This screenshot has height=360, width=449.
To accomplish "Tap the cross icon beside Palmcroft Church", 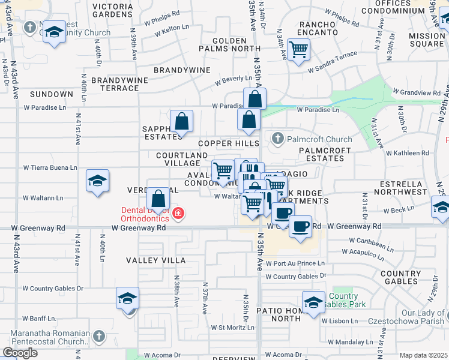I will [x=277, y=139].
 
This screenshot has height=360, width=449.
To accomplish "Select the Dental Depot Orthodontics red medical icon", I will [x=178, y=213].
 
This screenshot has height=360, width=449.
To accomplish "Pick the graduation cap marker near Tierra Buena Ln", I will [x=97, y=181].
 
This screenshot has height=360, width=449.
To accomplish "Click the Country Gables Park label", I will [x=343, y=300].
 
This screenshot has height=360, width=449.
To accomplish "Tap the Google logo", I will [x=20, y=353].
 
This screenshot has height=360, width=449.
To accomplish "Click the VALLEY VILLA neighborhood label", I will [x=155, y=260].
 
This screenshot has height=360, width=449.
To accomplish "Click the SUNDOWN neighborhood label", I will [x=51, y=94].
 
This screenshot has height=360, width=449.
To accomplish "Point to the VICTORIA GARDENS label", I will [x=121, y=10].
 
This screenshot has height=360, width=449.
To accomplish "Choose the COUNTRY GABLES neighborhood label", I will [x=400, y=277].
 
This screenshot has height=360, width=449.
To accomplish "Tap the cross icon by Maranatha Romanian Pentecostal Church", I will [x=99, y=336].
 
